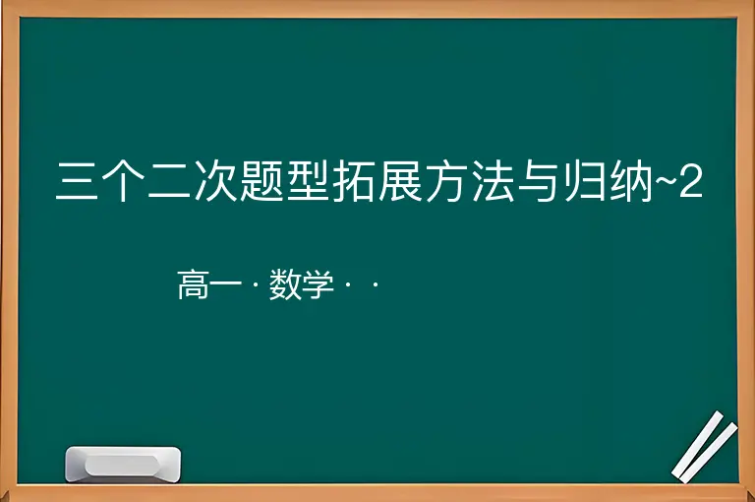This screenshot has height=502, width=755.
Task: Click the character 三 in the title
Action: pos(77,181)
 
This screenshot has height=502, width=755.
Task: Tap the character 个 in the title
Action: pos(123,181)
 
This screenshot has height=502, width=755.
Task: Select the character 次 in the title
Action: pos(215,181)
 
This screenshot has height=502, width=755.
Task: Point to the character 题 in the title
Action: pos(261,181)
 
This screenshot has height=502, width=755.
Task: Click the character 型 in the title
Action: pos(308,181)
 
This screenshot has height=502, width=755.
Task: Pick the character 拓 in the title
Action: pos(354,181)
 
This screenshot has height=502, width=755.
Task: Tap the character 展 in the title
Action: pos(400,181)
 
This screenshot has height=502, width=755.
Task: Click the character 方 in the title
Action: pos(446,181)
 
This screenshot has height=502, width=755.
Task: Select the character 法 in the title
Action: pos(493,181)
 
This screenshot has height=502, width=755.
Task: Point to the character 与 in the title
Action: pos(539,181)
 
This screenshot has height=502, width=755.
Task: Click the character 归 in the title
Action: pos(585,181)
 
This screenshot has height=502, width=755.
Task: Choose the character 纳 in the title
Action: pos(631,181)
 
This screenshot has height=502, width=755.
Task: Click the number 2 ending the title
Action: pos(691,181)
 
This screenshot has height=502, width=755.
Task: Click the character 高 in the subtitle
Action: pos(193,285)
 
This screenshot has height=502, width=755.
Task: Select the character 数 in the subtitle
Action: pos(285,285)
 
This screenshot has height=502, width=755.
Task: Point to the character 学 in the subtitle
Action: pos(318,285)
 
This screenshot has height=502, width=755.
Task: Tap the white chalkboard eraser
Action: pos(123,465)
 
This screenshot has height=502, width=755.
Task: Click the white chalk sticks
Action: pos(705,447)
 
